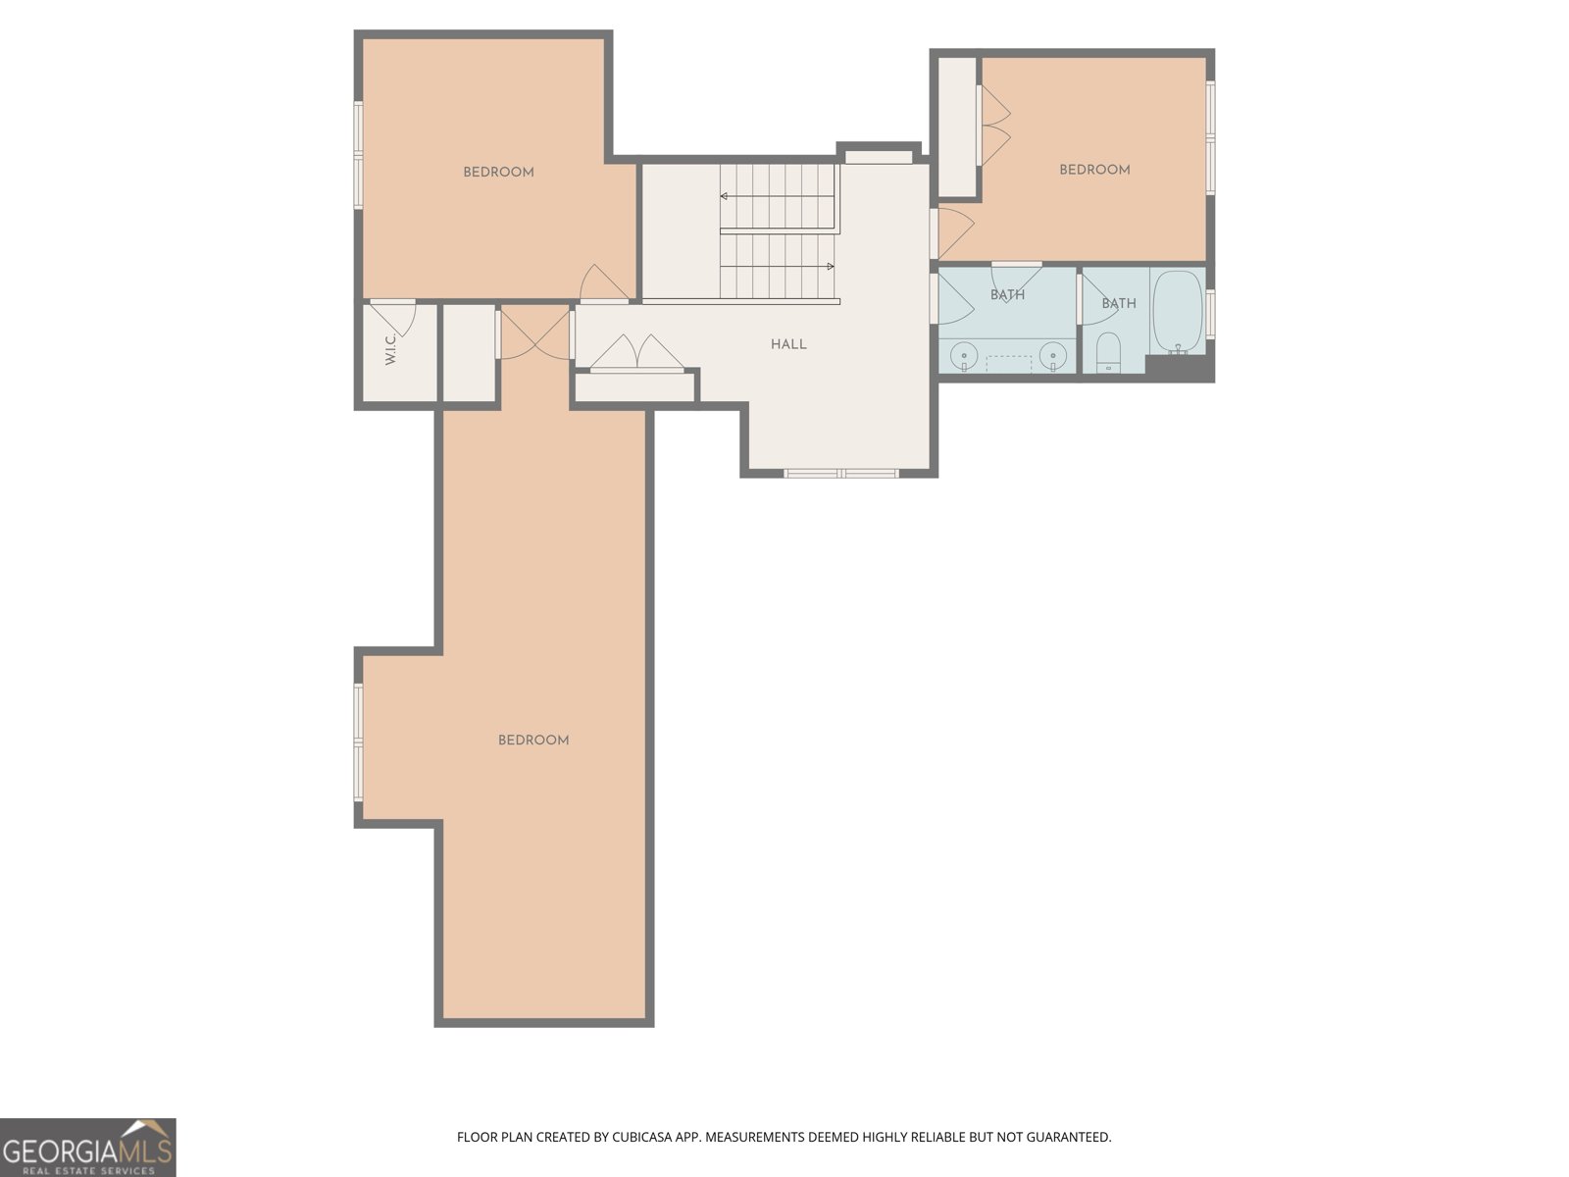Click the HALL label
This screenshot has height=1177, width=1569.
pyautogui.click(x=788, y=344)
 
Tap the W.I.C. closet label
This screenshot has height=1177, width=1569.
pyautogui.click(x=390, y=350)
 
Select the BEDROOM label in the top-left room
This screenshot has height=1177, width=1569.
pyautogui.click(x=498, y=173)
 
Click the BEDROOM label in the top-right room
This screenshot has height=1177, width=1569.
pyautogui.click(x=1094, y=170)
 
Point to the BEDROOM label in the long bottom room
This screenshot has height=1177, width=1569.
pyautogui.click(x=533, y=741)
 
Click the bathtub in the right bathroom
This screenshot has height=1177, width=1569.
pyautogui.click(x=1178, y=312)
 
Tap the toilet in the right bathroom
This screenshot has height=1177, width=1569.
pyautogui.click(x=1107, y=353)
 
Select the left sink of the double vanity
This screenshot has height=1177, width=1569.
pyautogui.click(x=965, y=354)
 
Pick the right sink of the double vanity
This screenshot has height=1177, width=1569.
pyautogui.click(x=1053, y=354)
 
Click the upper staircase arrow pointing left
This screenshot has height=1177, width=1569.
pyautogui.click(x=726, y=196)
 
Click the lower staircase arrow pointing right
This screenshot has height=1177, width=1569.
pyautogui.click(x=829, y=266)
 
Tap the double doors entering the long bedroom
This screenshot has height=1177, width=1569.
pyautogui.click(x=535, y=334)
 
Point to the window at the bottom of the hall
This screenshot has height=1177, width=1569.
pyautogui.click(x=841, y=474)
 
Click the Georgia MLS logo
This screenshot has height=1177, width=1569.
pyautogui.click(x=88, y=1147)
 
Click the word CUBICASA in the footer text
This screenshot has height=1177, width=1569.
pyautogui.click(x=645, y=1138)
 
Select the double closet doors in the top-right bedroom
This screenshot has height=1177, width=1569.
pyautogui.click(x=995, y=125)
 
